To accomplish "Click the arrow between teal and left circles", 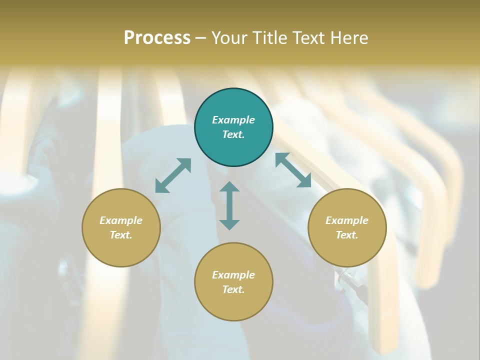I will point(173,175).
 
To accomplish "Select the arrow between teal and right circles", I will point(293,170).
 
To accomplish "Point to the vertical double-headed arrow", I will point(229,205).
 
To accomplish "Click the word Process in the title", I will point(157,37).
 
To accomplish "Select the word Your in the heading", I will point(229,37).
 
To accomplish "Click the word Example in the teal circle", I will point(233,120).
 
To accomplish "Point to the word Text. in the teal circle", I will point(233,134).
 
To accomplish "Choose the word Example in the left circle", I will point(121,220).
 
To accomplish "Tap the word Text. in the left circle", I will point(121,235).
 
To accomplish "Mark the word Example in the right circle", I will point(347,220).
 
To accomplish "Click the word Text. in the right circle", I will point(347,235).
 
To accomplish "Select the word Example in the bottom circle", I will point(233,275).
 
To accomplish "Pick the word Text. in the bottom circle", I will point(233,289).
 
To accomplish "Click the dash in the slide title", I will point(200,38).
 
